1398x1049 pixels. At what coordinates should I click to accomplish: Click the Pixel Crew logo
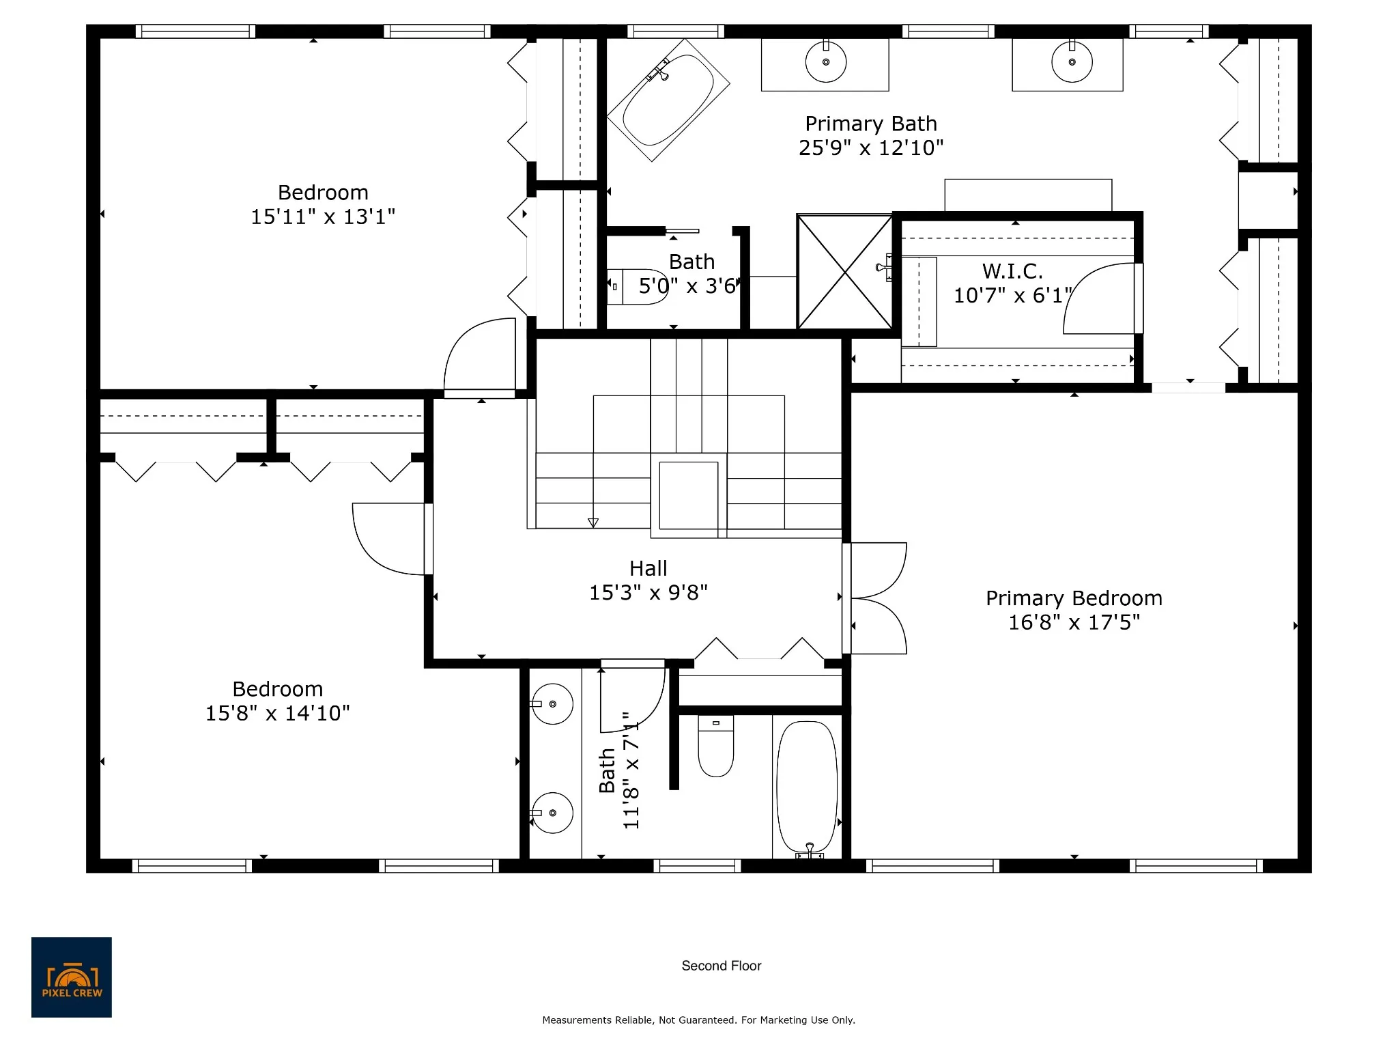pos(72,977)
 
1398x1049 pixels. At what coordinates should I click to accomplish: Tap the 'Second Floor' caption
pos(722,966)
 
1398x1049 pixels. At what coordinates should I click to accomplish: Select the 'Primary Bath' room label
pos(871,124)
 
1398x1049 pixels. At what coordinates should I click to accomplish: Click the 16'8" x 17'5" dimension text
pos(1074,622)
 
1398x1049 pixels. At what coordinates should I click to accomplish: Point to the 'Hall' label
pos(648,568)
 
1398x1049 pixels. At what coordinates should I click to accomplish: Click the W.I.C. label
pos(1012,271)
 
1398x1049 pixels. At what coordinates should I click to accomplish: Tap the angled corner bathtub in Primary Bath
pos(668,100)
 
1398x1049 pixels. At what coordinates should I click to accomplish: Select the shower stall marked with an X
pos(845,272)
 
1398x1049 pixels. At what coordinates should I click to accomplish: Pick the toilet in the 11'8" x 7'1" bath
pos(716,746)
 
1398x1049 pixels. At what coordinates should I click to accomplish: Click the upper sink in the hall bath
pos(552,704)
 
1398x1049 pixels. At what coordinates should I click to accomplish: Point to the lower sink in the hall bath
pos(552,813)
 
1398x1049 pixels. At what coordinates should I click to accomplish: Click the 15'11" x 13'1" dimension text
pos(323,216)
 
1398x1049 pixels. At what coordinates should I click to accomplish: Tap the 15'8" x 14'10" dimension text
pos(278,713)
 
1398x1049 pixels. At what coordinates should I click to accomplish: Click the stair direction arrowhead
pos(593,523)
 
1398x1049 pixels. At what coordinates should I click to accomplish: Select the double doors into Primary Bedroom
pos(876,598)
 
